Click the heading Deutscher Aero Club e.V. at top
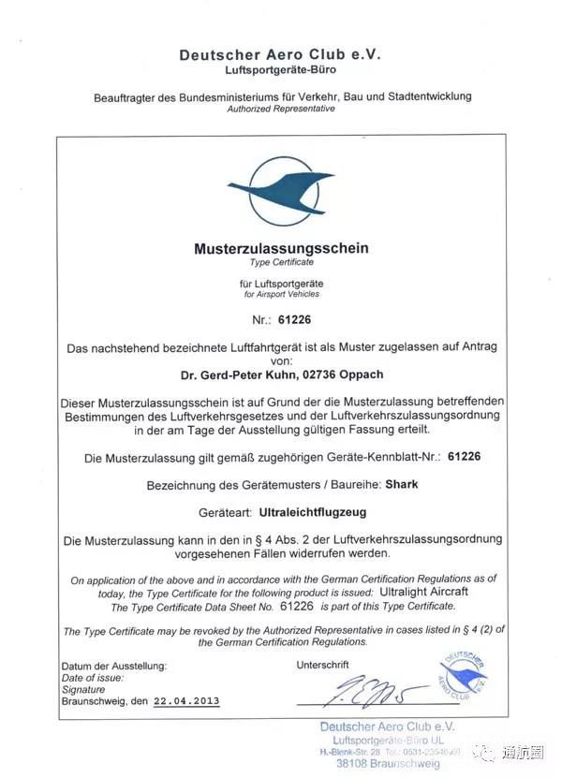[x=281, y=55]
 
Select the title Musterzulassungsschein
[x=281, y=249]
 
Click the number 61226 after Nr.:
[x=295, y=320]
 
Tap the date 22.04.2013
[x=186, y=700]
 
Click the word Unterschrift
[x=322, y=665]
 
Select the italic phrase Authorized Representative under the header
[x=281, y=109]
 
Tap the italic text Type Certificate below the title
[x=281, y=263]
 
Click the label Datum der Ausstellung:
[x=114, y=665]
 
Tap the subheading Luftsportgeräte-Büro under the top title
[x=281, y=70]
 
